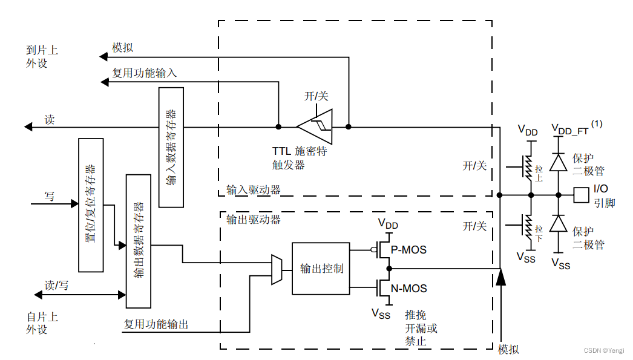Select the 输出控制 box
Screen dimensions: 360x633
321,269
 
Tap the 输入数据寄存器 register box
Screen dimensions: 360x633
171,147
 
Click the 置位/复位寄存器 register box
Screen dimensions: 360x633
91,205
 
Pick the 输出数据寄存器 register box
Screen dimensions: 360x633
138,241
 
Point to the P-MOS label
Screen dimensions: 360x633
408,249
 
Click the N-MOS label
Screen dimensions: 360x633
408,289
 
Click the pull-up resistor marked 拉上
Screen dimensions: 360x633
530,169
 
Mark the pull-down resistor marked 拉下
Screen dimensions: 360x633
530,227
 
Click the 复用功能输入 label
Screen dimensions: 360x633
144,73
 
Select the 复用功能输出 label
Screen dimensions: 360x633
156,324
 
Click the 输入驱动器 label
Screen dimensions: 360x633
253,190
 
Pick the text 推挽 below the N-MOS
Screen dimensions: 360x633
416,315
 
